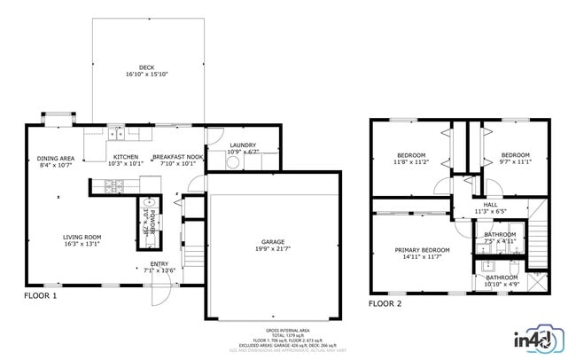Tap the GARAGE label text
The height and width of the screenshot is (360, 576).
point(272,241)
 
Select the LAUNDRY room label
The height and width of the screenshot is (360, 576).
point(242,145)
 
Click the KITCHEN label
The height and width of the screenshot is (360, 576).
point(125,157)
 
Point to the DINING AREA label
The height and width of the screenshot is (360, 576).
point(55,159)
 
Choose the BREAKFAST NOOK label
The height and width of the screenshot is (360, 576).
point(177,157)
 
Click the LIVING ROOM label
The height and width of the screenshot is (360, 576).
point(82,237)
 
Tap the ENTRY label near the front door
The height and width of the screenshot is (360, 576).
point(160,263)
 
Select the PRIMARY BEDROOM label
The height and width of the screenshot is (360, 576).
point(422,250)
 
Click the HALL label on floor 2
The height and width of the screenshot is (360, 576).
point(490,205)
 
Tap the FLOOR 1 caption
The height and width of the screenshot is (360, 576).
point(40,295)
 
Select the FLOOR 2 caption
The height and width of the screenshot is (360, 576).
point(385,303)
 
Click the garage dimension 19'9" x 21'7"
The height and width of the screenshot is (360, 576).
point(272,248)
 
